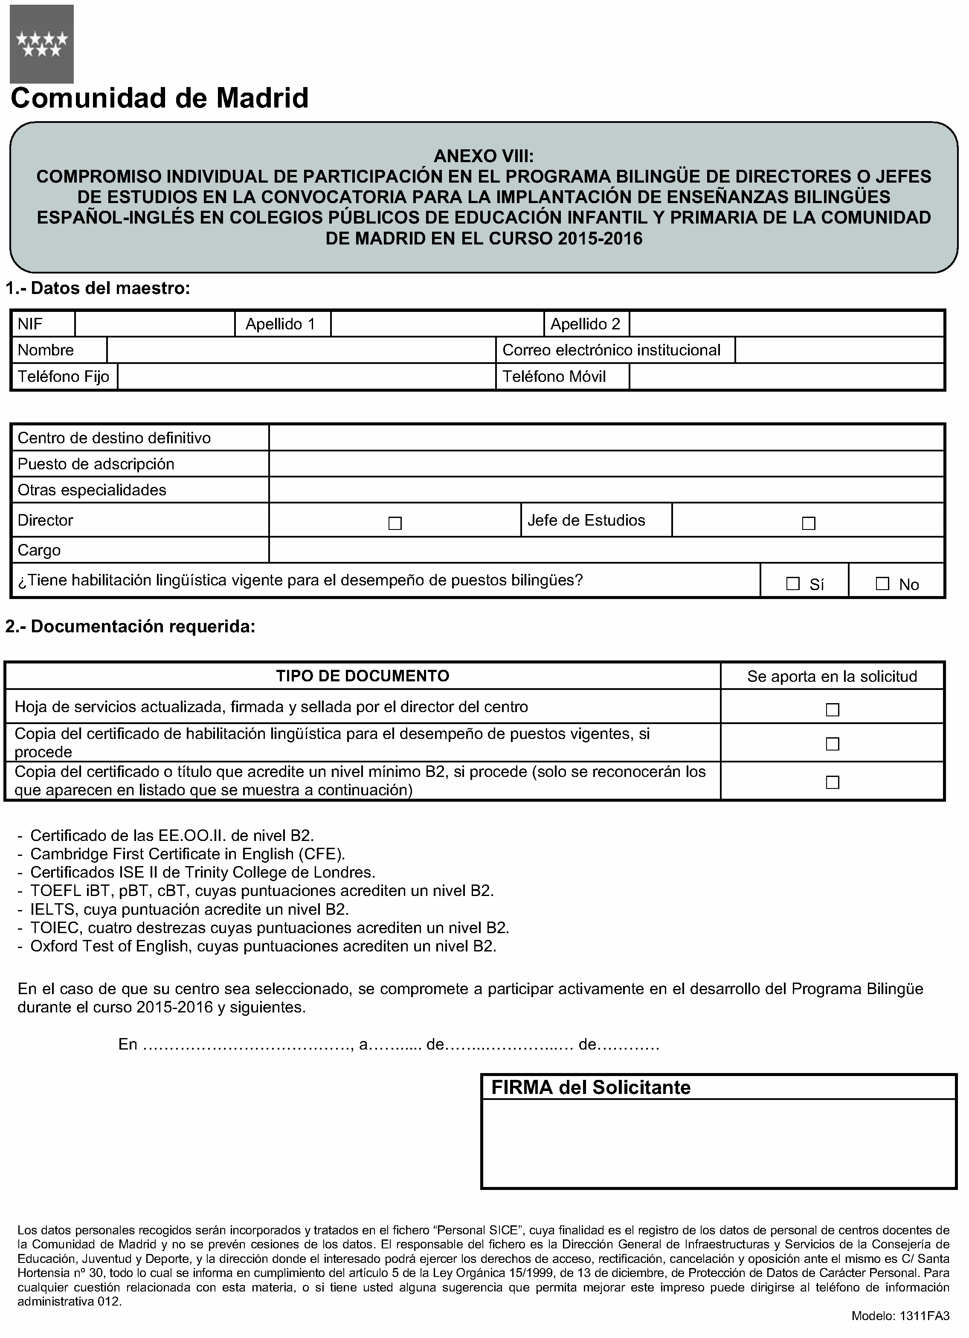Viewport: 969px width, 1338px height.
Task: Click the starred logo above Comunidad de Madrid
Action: tap(41, 44)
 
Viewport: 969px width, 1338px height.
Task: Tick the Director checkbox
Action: tap(395, 523)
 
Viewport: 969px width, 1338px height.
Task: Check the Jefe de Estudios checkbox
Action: tap(809, 523)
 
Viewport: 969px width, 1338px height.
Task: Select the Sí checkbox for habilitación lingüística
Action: tap(793, 584)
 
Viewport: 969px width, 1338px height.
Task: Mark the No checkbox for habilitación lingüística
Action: tap(882, 584)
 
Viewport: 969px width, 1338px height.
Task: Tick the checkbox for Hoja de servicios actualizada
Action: tap(832, 710)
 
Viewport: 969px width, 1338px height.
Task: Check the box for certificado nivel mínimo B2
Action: tap(832, 782)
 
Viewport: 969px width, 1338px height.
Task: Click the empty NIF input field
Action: tap(154, 324)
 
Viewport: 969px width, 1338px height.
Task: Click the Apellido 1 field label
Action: tap(281, 324)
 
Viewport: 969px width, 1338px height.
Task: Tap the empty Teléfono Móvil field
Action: tap(786, 376)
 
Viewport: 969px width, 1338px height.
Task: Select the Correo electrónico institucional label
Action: tap(612, 350)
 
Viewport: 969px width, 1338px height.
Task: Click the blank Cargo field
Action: tap(606, 550)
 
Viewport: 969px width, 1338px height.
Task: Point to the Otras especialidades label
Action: tap(92, 490)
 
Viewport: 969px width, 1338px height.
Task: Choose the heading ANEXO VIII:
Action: tap(484, 156)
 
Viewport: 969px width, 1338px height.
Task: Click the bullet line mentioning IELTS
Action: tap(189, 909)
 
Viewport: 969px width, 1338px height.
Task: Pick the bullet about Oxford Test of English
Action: tap(263, 946)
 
